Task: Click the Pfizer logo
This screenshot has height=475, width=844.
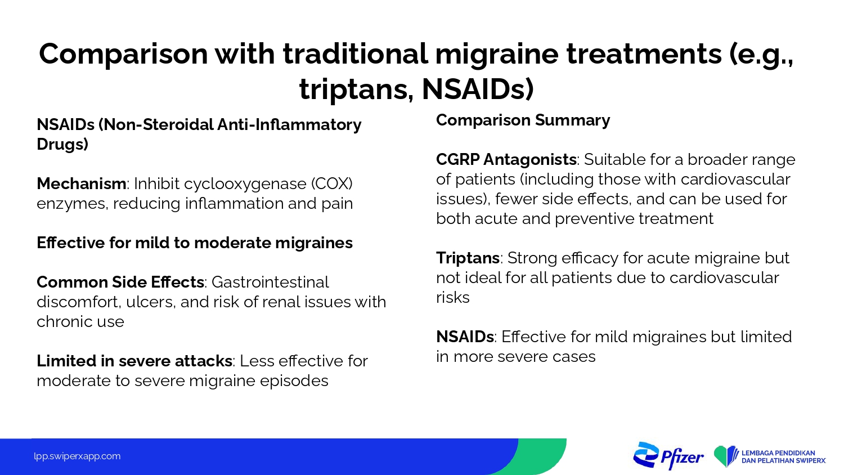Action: point(668,456)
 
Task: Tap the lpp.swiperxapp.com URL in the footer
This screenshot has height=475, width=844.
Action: point(77,456)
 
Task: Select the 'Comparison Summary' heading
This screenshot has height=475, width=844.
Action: point(523,120)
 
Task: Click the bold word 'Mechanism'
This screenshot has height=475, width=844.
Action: point(82,183)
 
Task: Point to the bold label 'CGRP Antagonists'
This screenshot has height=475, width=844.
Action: point(506,159)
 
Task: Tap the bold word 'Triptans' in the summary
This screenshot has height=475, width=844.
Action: point(468,258)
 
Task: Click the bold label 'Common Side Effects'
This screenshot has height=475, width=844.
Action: point(120,282)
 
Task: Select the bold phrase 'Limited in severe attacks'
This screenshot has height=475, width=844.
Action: point(134,361)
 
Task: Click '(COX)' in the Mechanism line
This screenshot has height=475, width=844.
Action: point(332,183)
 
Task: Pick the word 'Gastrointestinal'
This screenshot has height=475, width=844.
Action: point(270,282)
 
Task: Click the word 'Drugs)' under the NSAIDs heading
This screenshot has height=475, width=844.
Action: point(62,145)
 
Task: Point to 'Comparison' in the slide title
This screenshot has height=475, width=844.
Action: point(123,54)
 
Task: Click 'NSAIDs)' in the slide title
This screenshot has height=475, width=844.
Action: point(478,89)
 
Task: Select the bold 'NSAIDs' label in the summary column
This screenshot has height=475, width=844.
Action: point(465,337)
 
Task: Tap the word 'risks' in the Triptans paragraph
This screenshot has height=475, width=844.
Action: point(453,298)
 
